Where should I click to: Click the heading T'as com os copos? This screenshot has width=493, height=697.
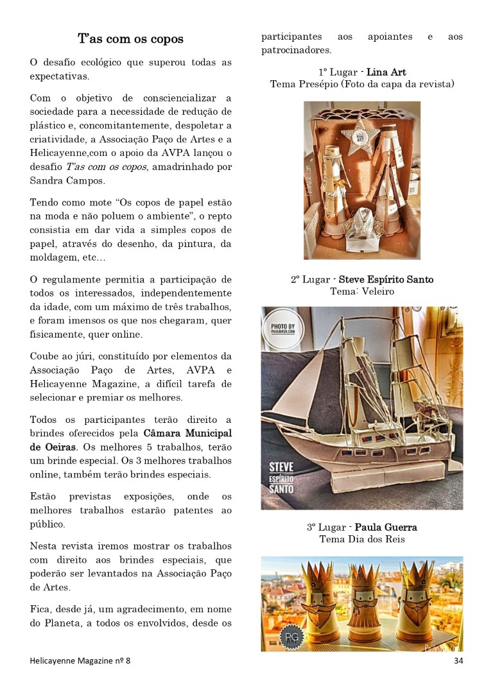130,39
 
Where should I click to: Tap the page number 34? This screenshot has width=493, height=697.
458,660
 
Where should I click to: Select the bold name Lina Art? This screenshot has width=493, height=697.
386,73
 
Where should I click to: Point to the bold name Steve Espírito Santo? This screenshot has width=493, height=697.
386,280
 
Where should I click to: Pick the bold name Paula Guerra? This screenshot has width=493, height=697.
386,528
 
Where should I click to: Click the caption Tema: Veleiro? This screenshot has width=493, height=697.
361,291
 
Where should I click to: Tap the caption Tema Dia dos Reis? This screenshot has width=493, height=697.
361,539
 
